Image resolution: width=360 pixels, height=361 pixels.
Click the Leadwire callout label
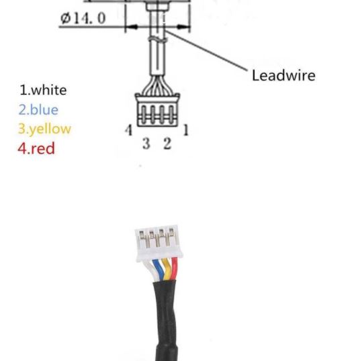click(283, 75)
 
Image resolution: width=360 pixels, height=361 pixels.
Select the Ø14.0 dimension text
click(83, 18)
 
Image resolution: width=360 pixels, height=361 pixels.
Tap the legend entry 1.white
click(43, 90)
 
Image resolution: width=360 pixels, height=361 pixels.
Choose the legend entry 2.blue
click(38, 109)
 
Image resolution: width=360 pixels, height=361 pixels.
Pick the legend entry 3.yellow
click(44, 129)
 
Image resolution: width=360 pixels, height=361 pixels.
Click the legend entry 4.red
click(36, 148)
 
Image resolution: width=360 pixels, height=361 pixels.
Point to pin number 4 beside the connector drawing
click(129, 130)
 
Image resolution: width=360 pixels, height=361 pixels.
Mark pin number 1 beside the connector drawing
click(186, 130)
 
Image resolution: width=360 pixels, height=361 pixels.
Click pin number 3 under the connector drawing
click(146, 143)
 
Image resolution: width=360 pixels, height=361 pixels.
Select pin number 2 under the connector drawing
click(167, 143)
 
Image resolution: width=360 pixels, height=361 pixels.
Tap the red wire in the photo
click(174, 268)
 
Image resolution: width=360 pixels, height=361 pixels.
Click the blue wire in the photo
click(158, 270)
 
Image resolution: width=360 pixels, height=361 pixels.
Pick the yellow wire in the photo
click(167, 269)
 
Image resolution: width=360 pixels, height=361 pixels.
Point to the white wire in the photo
click(150, 271)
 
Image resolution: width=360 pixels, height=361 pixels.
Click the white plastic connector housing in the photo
click(159, 243)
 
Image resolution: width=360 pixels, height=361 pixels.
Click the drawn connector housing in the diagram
click(157, 110)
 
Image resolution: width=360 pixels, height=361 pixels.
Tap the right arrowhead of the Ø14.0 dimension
click(182, 27)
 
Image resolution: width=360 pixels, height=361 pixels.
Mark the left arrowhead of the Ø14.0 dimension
click(132, 27)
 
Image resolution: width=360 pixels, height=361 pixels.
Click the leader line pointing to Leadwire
click(206, 50)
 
